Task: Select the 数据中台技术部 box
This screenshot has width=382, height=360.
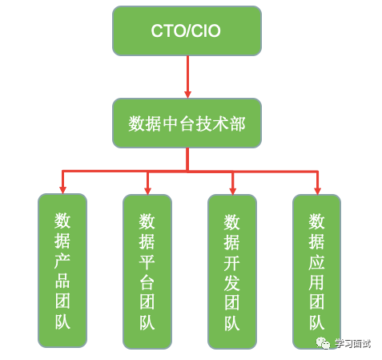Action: coord(186,123)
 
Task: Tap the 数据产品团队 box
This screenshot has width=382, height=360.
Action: coord(62,271)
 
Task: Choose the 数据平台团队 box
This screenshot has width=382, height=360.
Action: coord(147,271)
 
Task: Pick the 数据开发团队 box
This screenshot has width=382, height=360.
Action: coord(232,271)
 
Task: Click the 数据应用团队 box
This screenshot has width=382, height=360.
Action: coord(317,271)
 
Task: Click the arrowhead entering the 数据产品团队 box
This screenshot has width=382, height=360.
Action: coord(62,188)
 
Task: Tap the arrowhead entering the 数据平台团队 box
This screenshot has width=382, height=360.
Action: coord(147,188)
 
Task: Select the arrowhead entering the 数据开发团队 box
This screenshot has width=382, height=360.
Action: coord(232,188)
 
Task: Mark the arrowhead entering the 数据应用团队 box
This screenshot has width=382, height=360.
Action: coord(317,188)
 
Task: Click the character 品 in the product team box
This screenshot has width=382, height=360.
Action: coord(62,282)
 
